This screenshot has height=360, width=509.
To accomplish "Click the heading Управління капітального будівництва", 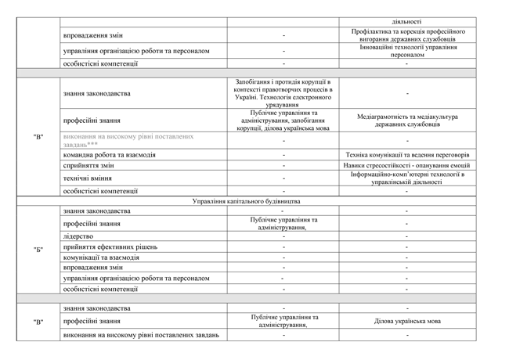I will (x=246, y=201).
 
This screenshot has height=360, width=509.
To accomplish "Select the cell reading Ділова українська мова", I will (x=406, y=321).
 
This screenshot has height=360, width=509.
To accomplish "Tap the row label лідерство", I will (x=78, y=236).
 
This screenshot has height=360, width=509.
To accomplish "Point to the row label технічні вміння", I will (x=92, y=178).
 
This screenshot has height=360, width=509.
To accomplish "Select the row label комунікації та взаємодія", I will (x=101, y=257).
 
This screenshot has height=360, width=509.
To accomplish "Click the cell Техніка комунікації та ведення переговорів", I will (x=406, y=154).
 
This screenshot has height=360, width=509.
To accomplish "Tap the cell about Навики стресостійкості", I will (x=406, y=166).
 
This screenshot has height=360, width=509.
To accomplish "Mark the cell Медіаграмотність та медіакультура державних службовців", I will (x=406, y=121).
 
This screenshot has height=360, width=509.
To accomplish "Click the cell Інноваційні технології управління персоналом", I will (x=406, y=51).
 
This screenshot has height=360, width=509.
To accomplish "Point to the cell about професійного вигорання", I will (x=406, y=35).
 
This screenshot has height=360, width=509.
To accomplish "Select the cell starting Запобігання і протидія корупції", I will (x=283, y=93).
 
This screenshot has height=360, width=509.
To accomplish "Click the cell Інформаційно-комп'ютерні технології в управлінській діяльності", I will (x=406, y=178).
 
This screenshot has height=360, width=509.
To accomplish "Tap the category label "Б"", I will (x=38, y=250).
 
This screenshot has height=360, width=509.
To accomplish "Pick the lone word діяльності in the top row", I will (x=406, y=22).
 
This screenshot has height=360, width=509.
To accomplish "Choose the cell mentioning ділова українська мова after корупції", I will (x=283, y=121).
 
